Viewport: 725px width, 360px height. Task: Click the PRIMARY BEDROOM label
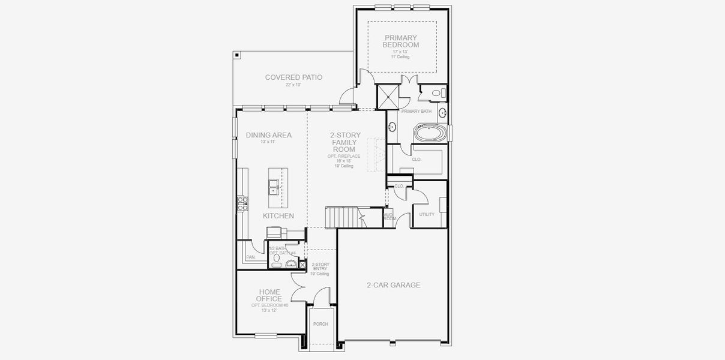tap(401, 41)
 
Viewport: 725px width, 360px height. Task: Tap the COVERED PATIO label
tap(293, 77)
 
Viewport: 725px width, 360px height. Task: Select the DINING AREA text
tap(268, 135)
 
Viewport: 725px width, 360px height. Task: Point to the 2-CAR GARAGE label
tap(393, 285)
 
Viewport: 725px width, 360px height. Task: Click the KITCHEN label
tap(278, 215)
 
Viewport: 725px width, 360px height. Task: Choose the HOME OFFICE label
tap(269, 295)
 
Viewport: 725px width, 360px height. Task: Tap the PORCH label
tap(320, 324)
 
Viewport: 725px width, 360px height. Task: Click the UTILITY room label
tap(427, 214)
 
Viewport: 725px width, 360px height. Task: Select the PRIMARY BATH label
tap(416, 111)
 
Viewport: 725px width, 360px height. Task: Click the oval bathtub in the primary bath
tap(430, 132)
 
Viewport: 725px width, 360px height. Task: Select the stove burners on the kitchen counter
tap(242, 204)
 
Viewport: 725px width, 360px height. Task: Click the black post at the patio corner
tap(238, 55)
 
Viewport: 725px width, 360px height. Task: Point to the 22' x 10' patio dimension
tap(293, 85)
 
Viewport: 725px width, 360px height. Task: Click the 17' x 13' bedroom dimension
tap(400, 52)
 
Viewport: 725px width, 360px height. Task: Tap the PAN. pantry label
tap(251, 257)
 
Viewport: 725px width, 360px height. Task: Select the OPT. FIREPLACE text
tap(344, 156)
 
